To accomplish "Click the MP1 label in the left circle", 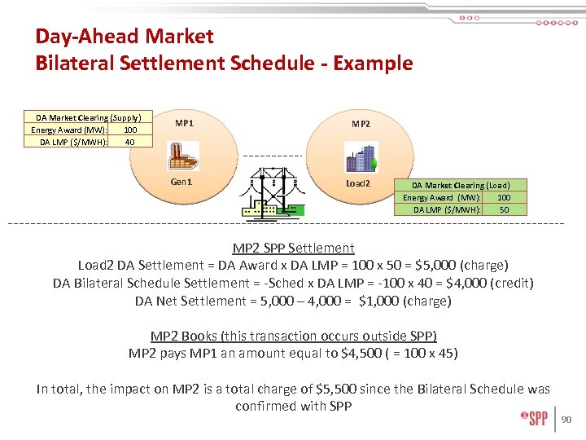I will tap(185, 124).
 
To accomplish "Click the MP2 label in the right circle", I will tap(361, 124).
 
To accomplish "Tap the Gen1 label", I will tap(181, 182).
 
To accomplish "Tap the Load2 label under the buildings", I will tap(358, 183).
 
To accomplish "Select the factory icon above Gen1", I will tap(183, 155).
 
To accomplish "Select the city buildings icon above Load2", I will tap(361, 157).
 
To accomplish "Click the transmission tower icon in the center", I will tap(271, 192).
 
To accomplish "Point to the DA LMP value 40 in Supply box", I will tap(129, 142).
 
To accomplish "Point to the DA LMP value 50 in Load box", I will tap(504, 209).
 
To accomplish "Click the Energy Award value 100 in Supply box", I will tap(129, 130).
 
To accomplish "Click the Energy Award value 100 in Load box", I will tap(504, 197).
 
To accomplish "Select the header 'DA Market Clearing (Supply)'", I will tap(88, 117).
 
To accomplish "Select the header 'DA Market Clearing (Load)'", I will tap(461, 185).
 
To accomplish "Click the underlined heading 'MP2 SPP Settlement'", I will tap(293, 248).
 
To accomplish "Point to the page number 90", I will tap(569, 420).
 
